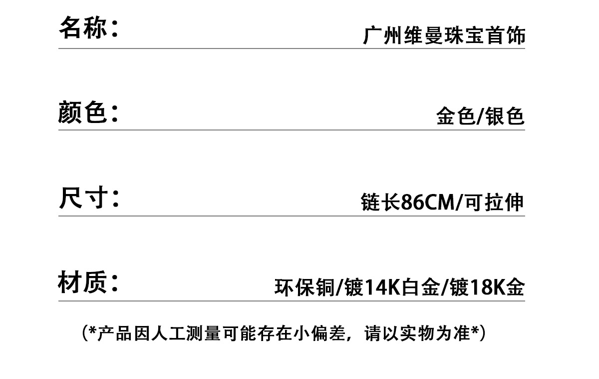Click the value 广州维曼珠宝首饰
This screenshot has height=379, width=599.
[x=444, y=36]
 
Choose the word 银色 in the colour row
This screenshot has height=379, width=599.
[x=506, y=116]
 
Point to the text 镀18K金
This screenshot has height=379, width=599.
[x=487, y=287]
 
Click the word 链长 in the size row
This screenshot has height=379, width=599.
[x=380, y=202]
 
